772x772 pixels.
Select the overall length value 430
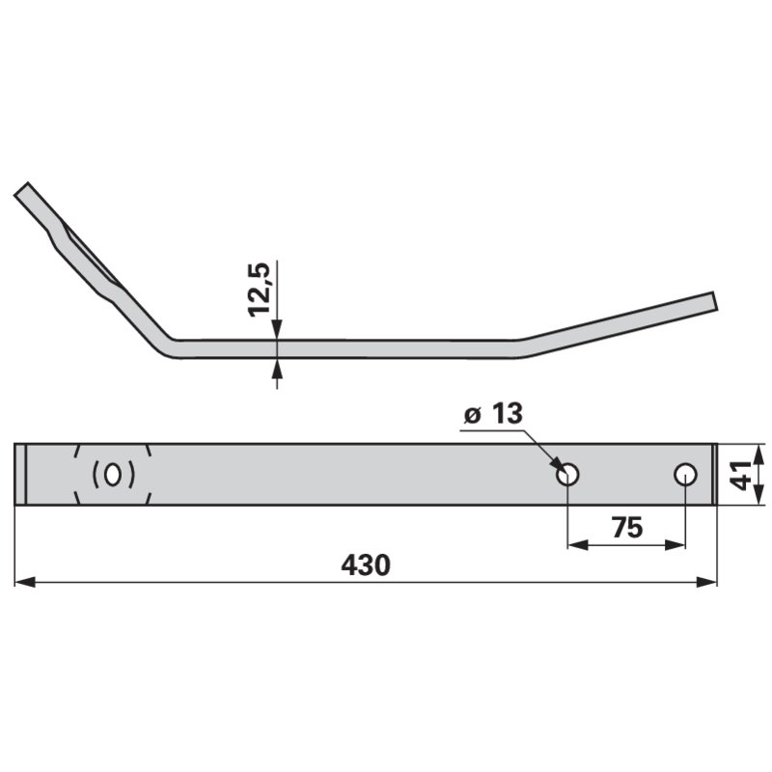coord(366,565)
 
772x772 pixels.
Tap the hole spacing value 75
coord(626,528)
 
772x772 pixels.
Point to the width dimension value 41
coord(740,474)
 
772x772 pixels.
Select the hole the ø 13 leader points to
coord(567,474)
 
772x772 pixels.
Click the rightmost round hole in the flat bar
coord(685,474)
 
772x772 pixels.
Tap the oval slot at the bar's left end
coord(113,475)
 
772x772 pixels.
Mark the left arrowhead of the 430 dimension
coord(23,583)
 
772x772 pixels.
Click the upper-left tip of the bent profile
coord(22,189)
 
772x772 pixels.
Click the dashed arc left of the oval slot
coord(76,475)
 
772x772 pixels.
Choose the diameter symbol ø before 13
coord(472,416)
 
